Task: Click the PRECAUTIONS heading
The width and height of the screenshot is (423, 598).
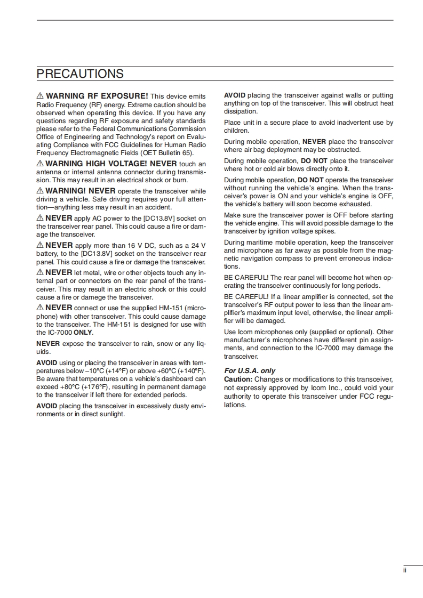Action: point(80,74)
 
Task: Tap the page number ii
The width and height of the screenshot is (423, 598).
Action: point(405,571)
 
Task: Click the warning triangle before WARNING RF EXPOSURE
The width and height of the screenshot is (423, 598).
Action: point(39,96)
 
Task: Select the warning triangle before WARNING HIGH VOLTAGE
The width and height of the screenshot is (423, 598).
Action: point(39,164)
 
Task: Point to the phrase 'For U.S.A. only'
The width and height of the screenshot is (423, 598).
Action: point(250,370)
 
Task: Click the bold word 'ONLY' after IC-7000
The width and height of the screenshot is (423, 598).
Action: point(83,332)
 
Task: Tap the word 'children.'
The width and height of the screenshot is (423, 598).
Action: point(236,130)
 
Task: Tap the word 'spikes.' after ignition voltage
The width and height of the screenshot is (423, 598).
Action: point(323,231)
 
